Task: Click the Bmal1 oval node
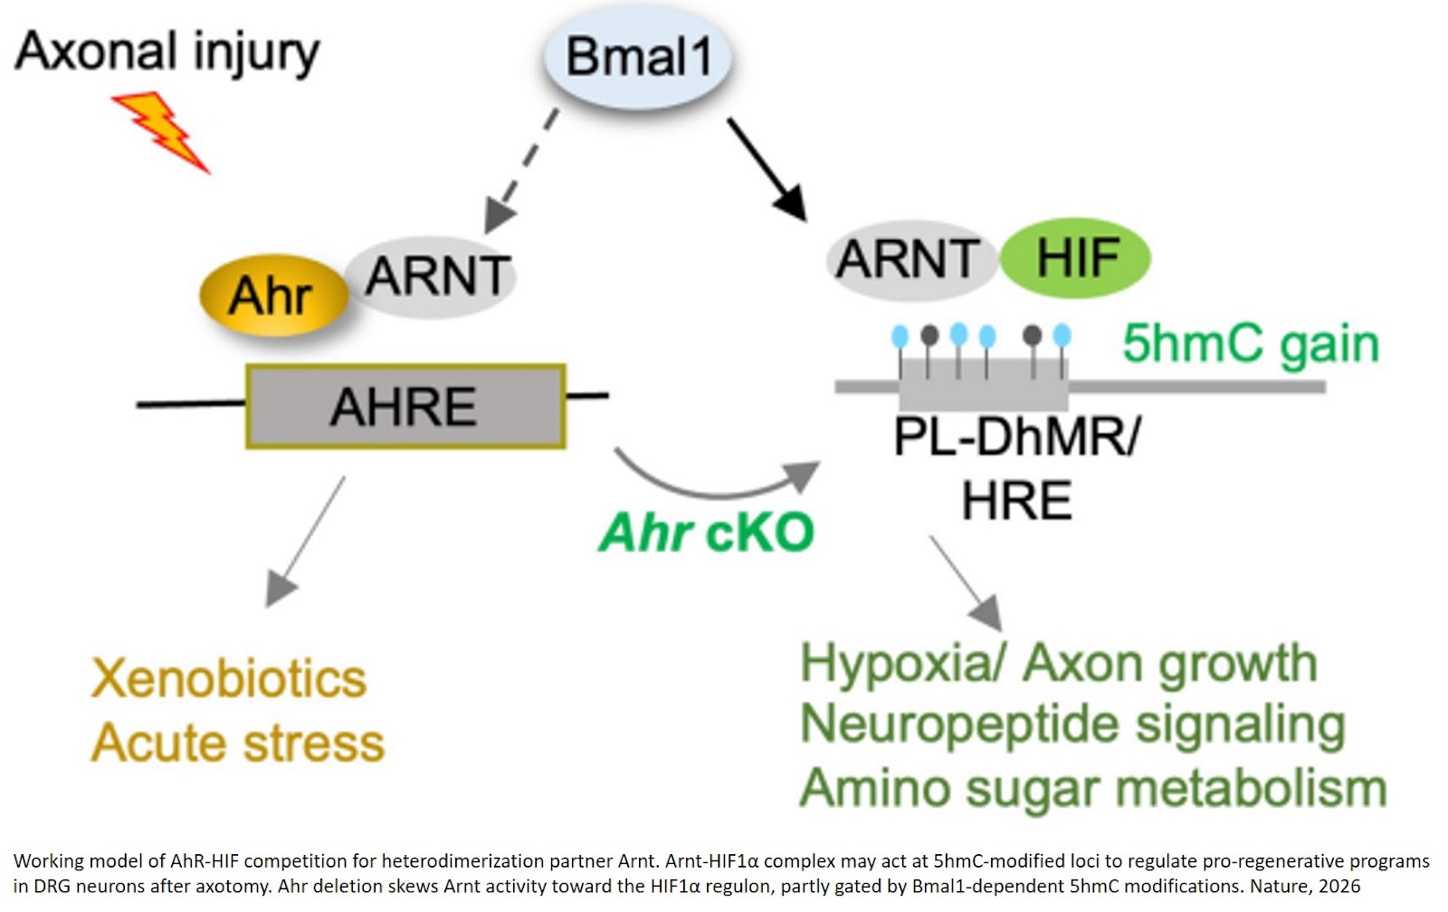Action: pos(637,57)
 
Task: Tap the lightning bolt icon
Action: pos(163,131)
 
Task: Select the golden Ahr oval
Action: pos(271,295)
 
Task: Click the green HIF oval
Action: pos(1075,258)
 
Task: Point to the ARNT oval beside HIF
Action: pos(908,260)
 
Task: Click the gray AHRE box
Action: pos(405,407)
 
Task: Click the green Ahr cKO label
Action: pos(706,533)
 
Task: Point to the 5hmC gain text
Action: pos(1250,344)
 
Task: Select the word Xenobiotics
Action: pos(229,679)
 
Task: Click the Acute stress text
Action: pos(237,744)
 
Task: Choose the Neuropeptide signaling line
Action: pos(1072,725)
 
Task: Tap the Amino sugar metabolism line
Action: pos(1092,788)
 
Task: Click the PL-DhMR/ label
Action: pos(1016,437)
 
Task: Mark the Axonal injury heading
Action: pos(167,52)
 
